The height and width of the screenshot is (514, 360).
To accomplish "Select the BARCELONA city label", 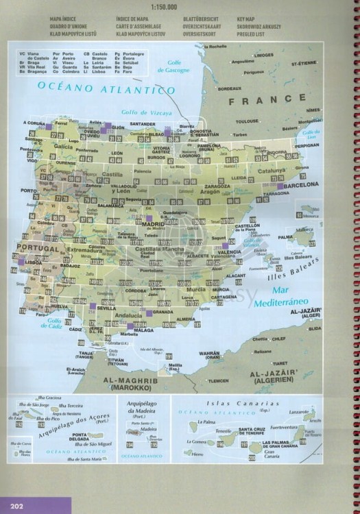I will coord(302,185).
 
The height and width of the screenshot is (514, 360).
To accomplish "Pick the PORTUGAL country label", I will coord(38,247).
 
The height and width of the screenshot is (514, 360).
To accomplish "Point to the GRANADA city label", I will coord(163,313).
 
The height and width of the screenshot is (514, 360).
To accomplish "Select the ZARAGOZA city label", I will coord(217,186).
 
